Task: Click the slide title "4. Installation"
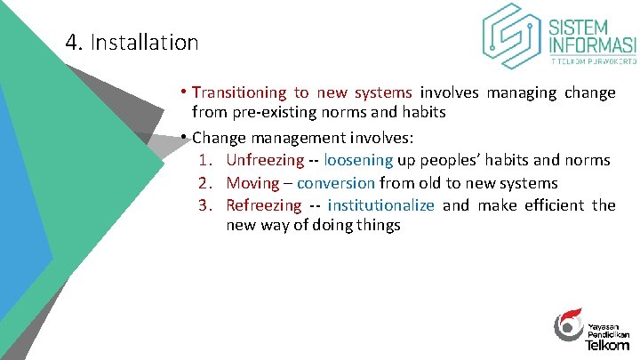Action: tap(132, 42)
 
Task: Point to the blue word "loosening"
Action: tap(358, 160)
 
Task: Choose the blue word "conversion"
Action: tap(336, 183)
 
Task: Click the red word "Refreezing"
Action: tap(264, 205)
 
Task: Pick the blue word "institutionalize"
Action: tap(380, 205)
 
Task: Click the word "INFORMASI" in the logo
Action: tap(593, 45)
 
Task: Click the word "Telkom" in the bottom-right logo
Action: tap(608, 343)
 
